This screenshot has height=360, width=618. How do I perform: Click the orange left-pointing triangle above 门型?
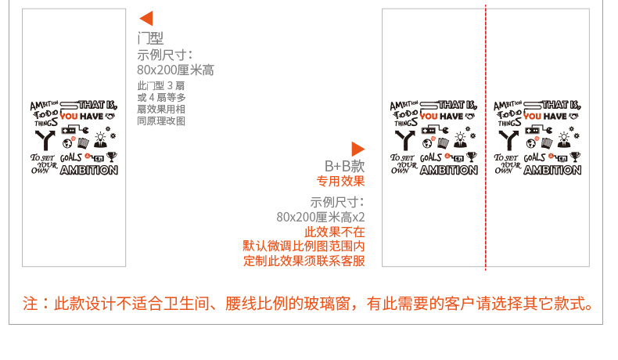tap(146, 19)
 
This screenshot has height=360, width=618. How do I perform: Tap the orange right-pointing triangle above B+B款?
tap(358, 149)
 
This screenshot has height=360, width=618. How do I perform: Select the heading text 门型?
tap(150, 38)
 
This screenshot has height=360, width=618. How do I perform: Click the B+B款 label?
tap(345, 166)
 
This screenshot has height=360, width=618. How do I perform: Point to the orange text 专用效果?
tap(340, 182)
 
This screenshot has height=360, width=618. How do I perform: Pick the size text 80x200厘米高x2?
tap(321, 217)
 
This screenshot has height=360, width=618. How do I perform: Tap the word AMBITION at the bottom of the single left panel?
tap(89, 170)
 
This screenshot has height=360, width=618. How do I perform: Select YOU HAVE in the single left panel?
tap(82, 117)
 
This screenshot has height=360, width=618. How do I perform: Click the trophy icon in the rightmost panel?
tap(575, 157)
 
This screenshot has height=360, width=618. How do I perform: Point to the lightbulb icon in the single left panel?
tap(100, 139)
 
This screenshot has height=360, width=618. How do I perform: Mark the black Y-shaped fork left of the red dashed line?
tap(403, 139)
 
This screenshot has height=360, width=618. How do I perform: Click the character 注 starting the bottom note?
tap(30, 303)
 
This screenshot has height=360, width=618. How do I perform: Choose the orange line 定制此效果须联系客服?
tap(304, 261)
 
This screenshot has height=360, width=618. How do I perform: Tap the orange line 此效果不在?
tap(334, 232)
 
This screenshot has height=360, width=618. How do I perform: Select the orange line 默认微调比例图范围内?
tap(304, 247)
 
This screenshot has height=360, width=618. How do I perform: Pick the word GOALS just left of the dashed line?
tap(431, 157)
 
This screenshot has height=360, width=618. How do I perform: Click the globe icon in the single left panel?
tap(57, 142)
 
